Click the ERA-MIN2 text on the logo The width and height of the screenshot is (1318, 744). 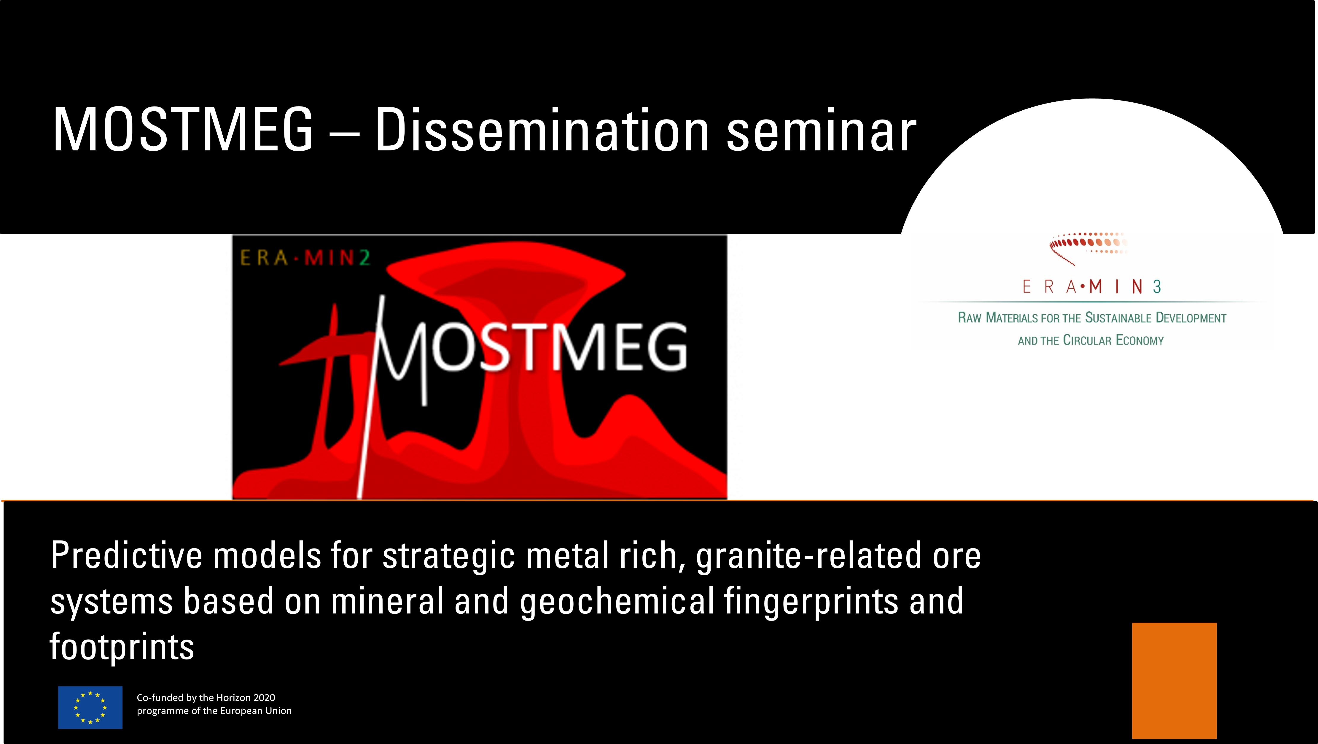click(x=305, y=258)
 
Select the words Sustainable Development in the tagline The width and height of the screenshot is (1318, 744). click(x=1155, y=318)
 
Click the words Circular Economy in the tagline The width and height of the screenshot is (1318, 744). click(x=1113, y=340)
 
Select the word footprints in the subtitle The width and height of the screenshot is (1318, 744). click(x=122, y=647)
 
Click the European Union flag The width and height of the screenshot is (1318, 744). click(x=90, y=707)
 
